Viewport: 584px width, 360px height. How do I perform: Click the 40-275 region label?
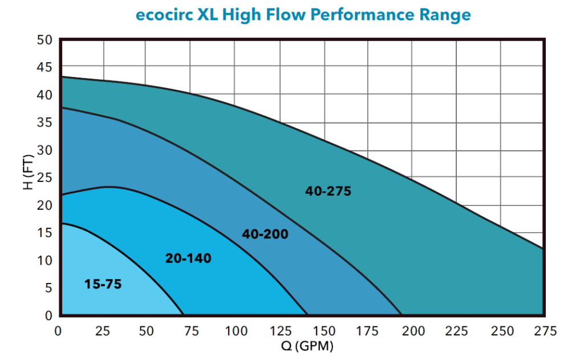pos(328,192)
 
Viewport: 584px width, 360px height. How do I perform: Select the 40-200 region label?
pos(265,234)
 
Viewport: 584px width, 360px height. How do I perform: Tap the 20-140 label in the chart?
pos(188,258)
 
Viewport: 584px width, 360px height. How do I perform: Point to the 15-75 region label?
pos(103,284)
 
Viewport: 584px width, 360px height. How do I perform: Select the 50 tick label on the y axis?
pos(45,40)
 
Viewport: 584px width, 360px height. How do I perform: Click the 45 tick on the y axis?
pos(45,67)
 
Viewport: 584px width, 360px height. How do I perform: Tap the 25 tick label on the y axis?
pos(45,177)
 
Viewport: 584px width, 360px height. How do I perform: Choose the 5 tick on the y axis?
pos(48,288)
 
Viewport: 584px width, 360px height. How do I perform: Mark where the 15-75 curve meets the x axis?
pos(184,314)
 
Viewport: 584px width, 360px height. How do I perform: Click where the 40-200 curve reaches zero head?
pos(401,314)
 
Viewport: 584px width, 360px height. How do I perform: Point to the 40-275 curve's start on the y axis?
pos(62,76)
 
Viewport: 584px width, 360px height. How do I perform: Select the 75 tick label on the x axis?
pos(192,331)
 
